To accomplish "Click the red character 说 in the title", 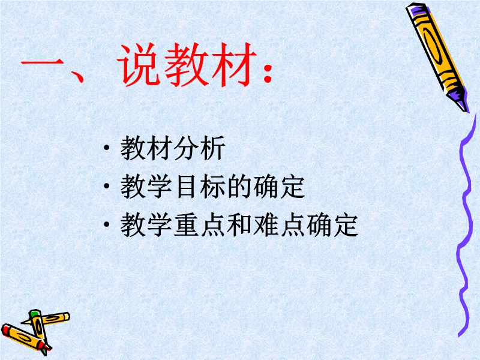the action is click(139, 64).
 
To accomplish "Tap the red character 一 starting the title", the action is click(42, 64).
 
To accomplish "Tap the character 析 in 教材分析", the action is click(213, 148).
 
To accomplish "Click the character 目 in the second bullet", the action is click(187, 187).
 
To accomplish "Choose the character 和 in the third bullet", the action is click(239, 224).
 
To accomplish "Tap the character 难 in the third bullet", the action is click(266, 224).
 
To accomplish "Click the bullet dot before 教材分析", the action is click(107, 148).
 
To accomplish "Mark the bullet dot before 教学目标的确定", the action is click(107, 186).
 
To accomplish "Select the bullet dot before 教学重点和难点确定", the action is click(107, 224).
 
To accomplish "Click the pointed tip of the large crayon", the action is click(466, 110).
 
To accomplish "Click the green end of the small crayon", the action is click(35, 313).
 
